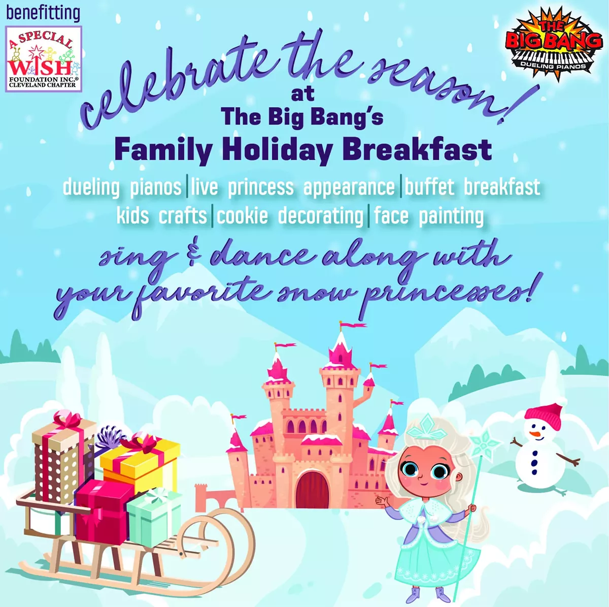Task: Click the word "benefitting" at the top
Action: [x=43, y=13]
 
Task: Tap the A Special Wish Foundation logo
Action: [x=44, y=59]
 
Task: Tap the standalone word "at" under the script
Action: [x=302, y=94]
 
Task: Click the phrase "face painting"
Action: [x=428, y=216]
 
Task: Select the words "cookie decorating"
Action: [x=290, y=216]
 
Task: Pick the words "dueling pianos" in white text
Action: [x=122, y=187]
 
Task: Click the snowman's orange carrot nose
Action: [x=535, y=435]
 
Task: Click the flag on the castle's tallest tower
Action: [x=352, y=325]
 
